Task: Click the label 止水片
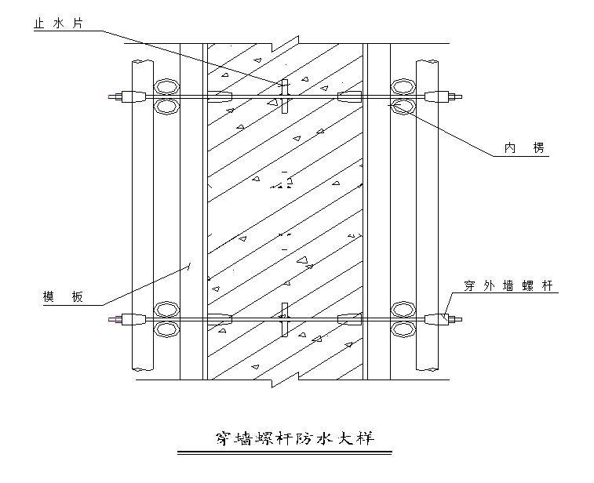[57, 23]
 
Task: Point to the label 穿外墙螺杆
[509, 286]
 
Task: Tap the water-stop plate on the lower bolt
[285, 319]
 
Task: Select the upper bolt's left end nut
[132, 97]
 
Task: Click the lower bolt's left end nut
[132, 319]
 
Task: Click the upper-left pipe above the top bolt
[166, 85]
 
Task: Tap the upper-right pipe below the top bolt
[403, 107]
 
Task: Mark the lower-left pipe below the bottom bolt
[166, 329]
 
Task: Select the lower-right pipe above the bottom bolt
[403, 308]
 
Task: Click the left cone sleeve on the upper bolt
[220, 97]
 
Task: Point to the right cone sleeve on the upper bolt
[349, 97]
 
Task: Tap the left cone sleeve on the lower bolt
[220, 319]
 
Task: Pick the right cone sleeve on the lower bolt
[349, 319]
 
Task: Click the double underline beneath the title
[293, 454]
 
